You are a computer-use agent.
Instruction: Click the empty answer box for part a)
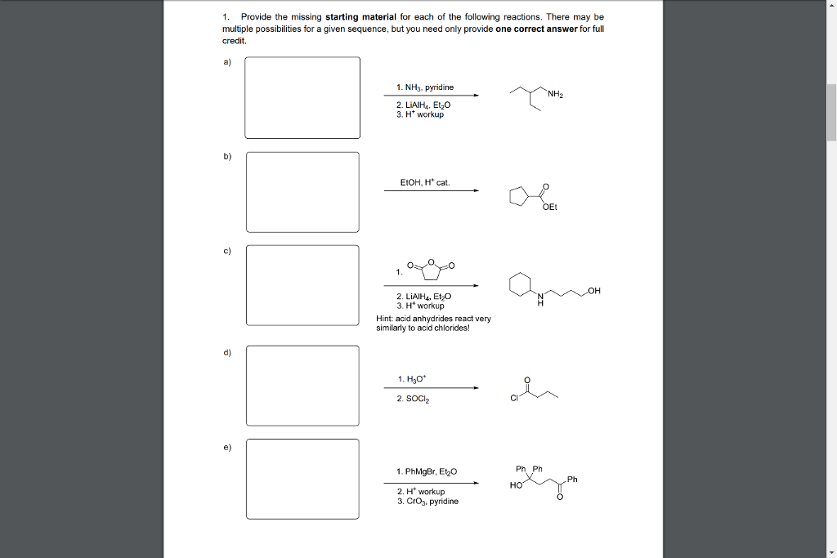(302, 97)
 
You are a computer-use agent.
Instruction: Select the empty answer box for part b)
(302, 192)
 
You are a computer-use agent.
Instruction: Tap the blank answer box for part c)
(302, 284)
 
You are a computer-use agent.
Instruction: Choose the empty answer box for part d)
(302, 386)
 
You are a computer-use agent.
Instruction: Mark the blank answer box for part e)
(302, 479)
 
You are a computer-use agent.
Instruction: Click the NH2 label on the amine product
(556, 94)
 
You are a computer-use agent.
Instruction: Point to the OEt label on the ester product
(549, 208)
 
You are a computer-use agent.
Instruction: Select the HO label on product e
(515, 484)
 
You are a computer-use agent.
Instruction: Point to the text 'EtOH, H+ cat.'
(424, 182)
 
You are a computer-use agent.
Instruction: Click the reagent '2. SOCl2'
(413, 399)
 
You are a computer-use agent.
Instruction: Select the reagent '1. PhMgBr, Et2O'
(427, 471)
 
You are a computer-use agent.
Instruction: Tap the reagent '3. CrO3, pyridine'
(427, 501)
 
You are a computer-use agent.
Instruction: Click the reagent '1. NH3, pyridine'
(425, 87)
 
